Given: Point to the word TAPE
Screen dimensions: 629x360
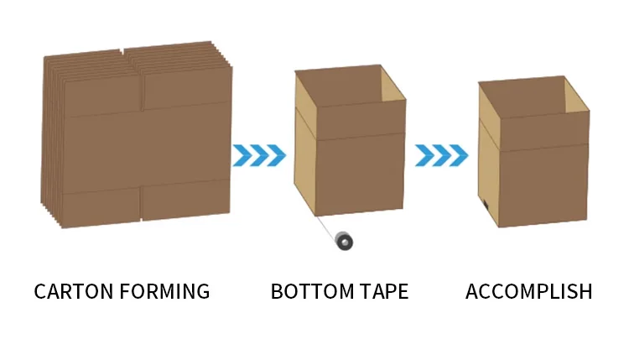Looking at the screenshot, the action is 382,292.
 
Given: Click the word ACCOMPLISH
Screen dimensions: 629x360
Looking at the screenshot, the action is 528,292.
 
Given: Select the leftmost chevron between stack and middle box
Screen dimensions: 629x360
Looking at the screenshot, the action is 242,155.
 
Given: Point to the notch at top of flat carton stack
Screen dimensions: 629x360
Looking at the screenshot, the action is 125,53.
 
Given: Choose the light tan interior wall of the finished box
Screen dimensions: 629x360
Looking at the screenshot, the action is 574,96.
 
